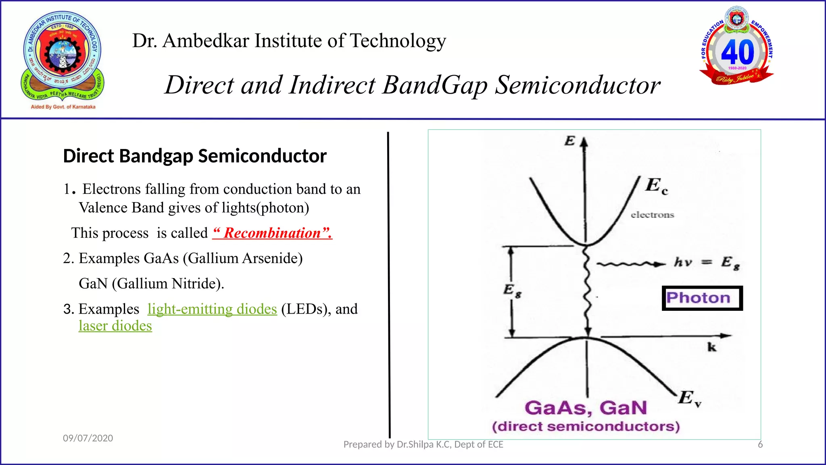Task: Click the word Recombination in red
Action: (x=273, y=233)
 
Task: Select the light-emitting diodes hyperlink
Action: (x=212, y=309)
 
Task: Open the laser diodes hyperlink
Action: (x=115, y=326)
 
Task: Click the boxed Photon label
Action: (x=702, y=298)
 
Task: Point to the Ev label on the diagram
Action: (x=689, y=398)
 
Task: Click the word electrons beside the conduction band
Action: (x=652, y=215)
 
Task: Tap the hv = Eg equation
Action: (x=707, y=263)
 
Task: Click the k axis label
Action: (x=712, y=347)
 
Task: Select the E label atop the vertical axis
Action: (x=569, y=141)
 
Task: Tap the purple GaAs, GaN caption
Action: (x=586, y=408)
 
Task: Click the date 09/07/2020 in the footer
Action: (x=88, y=438)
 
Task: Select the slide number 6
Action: (x=760, y=444)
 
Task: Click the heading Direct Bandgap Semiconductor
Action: (x=195, y=156)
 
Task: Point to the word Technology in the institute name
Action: (x=398, y=41)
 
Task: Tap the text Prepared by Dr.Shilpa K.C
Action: (x=423, y=444)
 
